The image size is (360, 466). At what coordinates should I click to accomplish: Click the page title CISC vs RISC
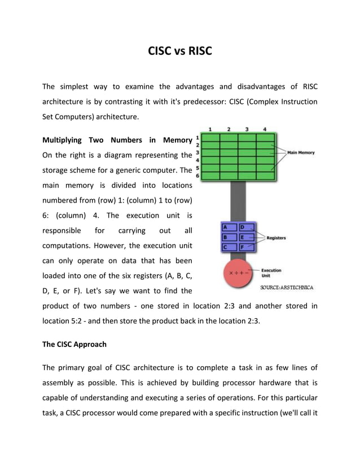[179, 52]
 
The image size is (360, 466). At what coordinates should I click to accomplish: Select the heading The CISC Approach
[74, 344]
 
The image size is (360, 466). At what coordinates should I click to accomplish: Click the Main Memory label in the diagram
[301, 152]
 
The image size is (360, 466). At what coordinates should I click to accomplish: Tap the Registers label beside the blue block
[276, 238]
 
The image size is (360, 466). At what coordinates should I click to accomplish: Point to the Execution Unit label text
[271, 273]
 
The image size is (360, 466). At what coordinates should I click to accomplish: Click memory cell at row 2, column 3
[247, 145]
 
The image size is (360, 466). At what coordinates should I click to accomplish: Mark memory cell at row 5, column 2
[229, 168]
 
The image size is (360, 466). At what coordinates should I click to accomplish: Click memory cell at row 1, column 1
[210, 138]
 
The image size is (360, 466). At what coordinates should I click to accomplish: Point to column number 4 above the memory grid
[265, 129]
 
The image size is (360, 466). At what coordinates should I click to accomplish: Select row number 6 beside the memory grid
[197, 176]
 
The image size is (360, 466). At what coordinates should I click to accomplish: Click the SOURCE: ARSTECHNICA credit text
[287, 288]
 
